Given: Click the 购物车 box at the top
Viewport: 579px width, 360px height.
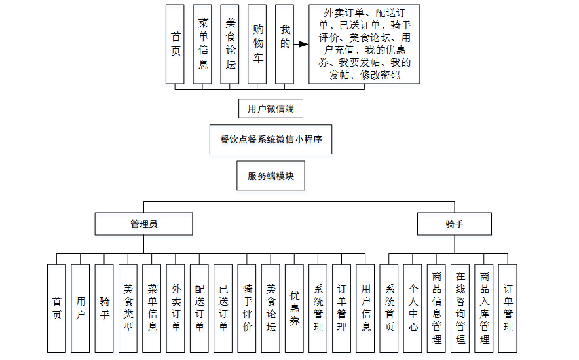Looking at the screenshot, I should (257, 45).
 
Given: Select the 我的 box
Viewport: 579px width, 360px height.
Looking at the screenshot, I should (284, 45).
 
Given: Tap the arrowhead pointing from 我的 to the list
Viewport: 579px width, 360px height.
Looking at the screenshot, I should (303, 45).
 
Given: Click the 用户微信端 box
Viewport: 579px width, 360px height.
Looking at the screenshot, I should (271, 109).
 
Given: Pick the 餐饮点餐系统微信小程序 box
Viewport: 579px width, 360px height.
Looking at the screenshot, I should (271, 139).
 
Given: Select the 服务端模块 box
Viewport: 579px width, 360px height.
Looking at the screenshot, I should (271, 176).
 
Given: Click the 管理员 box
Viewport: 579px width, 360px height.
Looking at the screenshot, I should (143, 224).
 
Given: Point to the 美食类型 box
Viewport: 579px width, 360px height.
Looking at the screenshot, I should (128, 309).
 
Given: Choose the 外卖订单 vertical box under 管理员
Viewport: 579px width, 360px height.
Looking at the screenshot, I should (176, 309).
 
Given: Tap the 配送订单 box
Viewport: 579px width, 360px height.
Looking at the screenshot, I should (199, 309).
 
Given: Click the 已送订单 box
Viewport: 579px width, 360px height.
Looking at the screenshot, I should (223, 309).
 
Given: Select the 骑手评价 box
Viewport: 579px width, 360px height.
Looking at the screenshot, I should (247, 309).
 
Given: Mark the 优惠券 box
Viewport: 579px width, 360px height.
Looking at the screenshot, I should (295, 309).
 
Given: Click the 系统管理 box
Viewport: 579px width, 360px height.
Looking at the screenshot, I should (318, 309).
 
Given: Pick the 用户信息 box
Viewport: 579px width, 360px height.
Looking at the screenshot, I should (365, 309).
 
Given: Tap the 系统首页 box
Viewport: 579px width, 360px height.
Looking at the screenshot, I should (389, 309).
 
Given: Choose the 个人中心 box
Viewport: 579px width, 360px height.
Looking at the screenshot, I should (413, 309).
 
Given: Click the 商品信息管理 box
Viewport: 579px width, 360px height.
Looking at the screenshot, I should (436, 309).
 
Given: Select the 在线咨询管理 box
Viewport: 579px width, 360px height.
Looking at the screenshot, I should (460, 309).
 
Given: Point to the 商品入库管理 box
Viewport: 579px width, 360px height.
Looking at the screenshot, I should (484, 309).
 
